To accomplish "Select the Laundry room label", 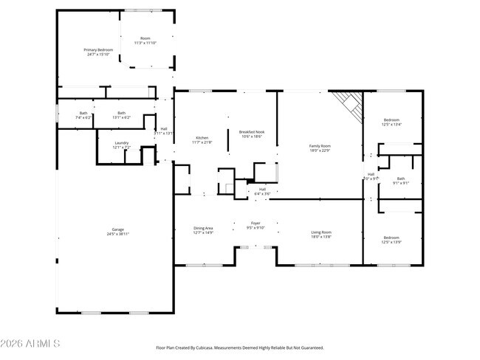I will [122, 145].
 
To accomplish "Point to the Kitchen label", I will [202, 138].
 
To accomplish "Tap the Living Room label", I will [320, 233].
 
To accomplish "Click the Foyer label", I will [256, 224].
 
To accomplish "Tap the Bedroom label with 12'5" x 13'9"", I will [391, 238].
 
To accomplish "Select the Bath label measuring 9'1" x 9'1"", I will [401, 179].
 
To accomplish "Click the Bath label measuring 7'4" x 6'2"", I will [83, 114].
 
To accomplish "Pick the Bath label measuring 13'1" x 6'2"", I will [121, 114].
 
